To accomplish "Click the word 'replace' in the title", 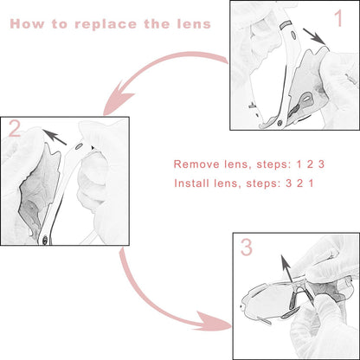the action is (106, 25).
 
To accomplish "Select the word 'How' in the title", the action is (27, 24).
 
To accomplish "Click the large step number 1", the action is (339, 18).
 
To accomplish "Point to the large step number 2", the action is (15, 128).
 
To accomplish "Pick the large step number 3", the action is (247, 247).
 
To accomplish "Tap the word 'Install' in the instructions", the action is (191, 183).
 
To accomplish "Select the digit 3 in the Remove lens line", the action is (321, 164).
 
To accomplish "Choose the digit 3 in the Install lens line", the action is (288, 183).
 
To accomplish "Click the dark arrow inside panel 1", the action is (314, 36).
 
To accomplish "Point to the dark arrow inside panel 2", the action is (55, 137).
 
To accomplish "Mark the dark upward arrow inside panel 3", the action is (286, 269).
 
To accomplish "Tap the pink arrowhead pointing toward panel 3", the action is (214, 321).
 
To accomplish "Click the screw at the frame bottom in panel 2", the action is (45, 240).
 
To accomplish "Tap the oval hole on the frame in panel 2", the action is (78, 147).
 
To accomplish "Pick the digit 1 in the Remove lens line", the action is (299, 164).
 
